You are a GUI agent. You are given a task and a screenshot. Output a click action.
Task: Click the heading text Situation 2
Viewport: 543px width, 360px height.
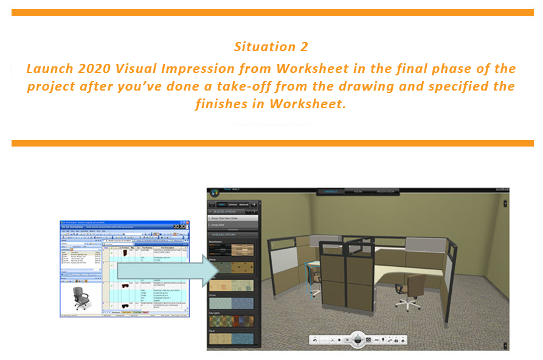point(271,47)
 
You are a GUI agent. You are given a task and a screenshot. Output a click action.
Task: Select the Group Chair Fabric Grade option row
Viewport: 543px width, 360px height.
point(232,217)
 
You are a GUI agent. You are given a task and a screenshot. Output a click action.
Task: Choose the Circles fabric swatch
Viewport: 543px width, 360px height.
point(231,303)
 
